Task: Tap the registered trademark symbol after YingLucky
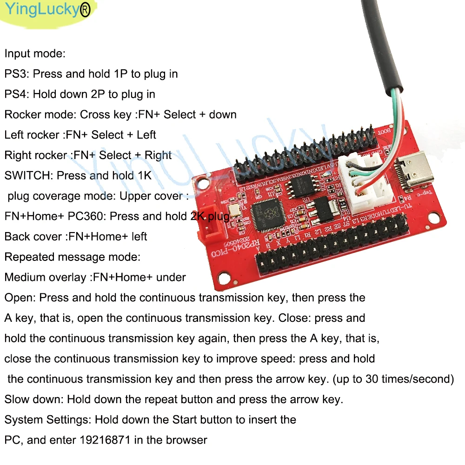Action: point(85,11)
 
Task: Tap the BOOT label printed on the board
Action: point(395,132)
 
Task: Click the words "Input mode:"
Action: point(35,53)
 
